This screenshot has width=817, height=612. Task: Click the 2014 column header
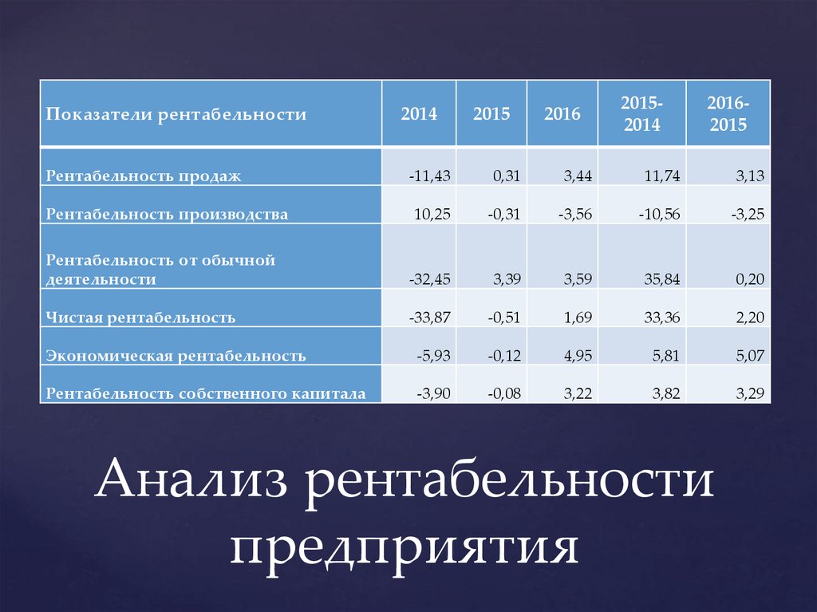pos(419,113)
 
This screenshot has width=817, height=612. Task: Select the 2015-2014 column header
pos(642,113)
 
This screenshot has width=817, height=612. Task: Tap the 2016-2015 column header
pos(728,113)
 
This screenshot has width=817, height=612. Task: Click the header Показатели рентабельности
pos(176,114)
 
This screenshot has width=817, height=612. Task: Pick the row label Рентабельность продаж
pos(144,176)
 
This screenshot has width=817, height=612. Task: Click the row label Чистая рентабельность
pos(140,318)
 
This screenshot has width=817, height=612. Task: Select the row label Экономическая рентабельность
pos(176,356)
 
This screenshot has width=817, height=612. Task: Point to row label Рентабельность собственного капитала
pos(206,393)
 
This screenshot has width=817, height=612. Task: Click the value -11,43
pos(430,176)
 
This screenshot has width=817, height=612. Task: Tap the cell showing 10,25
pos(432,214)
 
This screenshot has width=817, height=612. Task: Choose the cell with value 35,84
pos(661,279)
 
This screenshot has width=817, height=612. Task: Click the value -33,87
pos(430,317)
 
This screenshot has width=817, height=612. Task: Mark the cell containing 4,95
pos(578,356)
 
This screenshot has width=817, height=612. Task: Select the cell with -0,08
pos(504,393)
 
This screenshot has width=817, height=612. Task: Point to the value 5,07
pos(750,356)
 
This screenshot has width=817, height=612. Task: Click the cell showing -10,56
pos(660,214)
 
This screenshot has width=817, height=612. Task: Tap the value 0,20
pos(750,279)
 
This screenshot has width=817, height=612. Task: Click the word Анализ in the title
pos(191,478)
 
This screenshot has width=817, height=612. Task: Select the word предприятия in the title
pos(405,547)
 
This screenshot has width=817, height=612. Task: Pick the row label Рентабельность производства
pos(167,215)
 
